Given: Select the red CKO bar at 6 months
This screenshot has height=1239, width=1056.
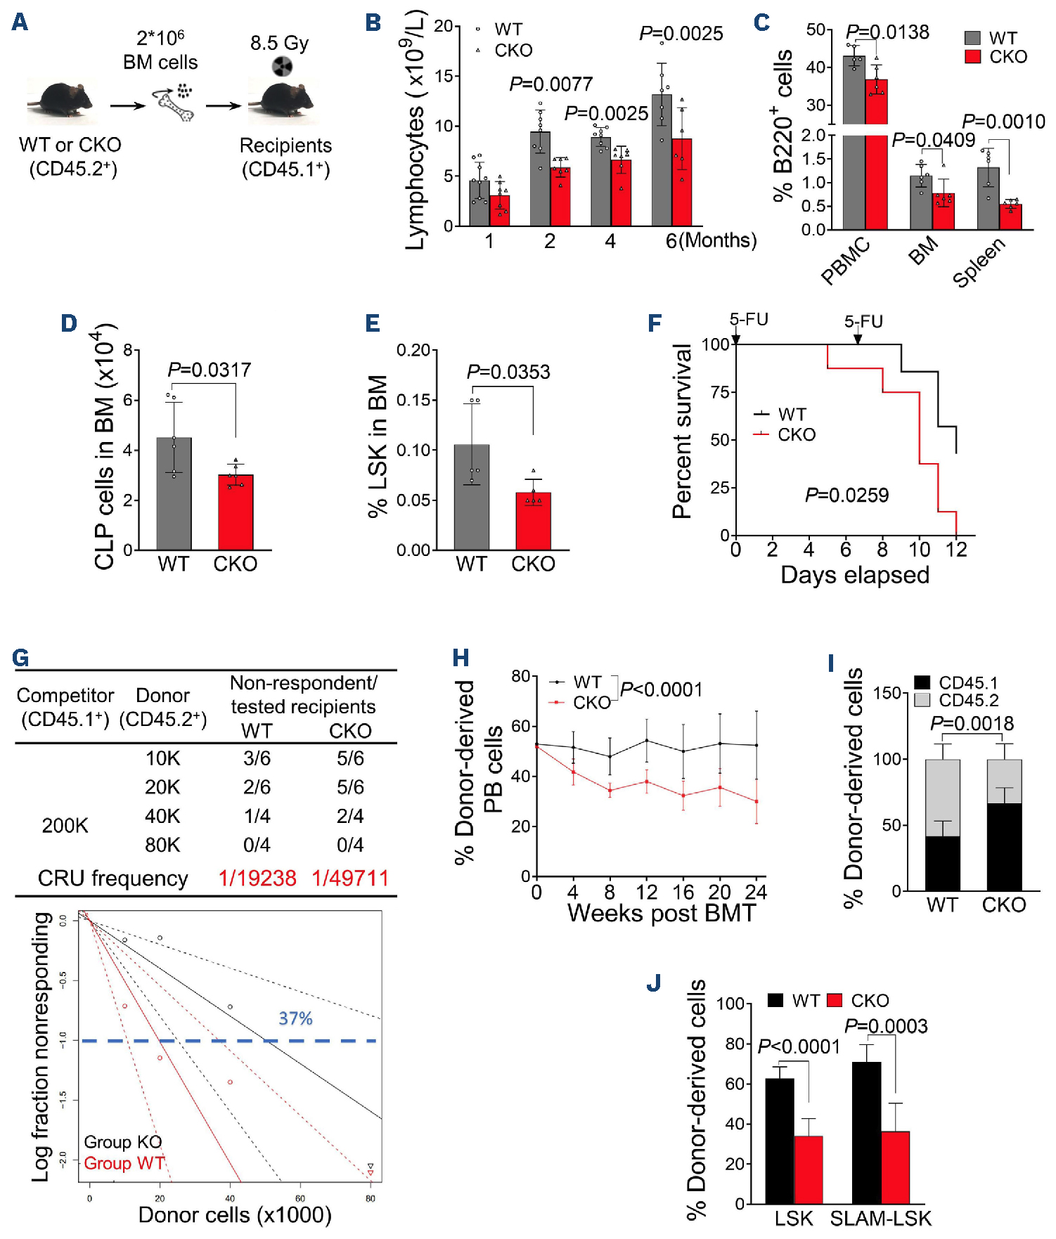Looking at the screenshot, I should click(681, 183).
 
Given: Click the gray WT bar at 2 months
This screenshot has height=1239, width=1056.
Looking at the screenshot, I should click(540, 179).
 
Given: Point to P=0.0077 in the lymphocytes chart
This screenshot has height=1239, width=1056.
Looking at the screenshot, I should click(550, 84).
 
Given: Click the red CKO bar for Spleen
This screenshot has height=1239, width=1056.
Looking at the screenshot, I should click(1010, 217).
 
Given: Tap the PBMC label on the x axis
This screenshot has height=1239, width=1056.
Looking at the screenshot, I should click(845, 261).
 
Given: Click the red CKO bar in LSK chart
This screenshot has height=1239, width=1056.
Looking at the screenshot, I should click(533, 521).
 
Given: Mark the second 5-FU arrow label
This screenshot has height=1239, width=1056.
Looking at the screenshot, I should click(863, 322).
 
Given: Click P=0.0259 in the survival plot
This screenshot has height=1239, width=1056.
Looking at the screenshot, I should click(846, 495).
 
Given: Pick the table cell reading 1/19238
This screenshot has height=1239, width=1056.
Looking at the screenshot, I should click(257, 878).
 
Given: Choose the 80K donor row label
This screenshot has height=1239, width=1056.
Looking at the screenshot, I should click(162, 845).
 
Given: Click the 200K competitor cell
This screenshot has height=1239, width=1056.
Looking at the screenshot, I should click(65, 825).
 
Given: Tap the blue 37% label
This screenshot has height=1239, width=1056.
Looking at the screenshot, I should click(295, 1018).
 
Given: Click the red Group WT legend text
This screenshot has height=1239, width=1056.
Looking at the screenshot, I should click(124, 1163).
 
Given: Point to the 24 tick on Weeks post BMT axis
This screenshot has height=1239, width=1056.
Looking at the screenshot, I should click(756, 893).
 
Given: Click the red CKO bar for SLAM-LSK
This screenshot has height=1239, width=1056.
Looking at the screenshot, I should click(895, 1167).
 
